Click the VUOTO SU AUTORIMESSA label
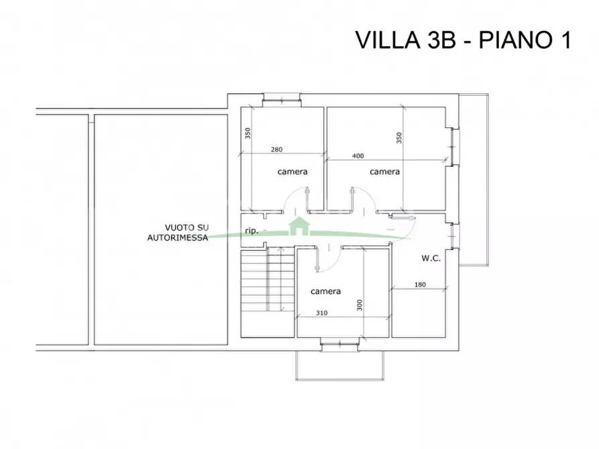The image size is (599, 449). point(177,232)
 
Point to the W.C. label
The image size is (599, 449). point(431,259)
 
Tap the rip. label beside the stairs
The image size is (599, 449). point(252,231)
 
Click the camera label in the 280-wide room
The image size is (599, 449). point(292,172)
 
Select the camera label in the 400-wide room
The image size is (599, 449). point(385,172)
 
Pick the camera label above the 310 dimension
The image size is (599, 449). point(325,291)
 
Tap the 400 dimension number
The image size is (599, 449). point(358,155)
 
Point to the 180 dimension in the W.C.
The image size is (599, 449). point(420,285)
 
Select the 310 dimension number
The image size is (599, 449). point(322,314)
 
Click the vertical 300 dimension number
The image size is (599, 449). point(360,305)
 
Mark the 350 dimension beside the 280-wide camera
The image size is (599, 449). point(247,133)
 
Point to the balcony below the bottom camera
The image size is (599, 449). point(340,365)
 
